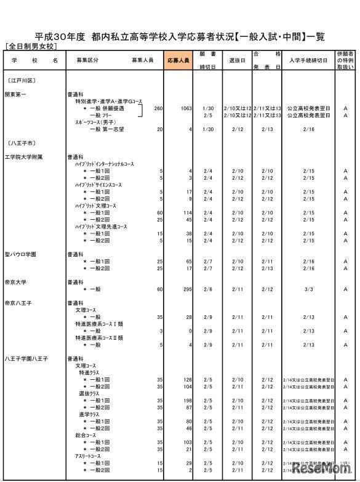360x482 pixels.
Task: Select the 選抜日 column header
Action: (x=238, y=61)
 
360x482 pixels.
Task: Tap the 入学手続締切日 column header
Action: (x=308, y=61)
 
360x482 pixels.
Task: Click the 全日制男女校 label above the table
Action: (x=30, y=47)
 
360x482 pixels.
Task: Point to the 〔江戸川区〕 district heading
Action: (x=22, y=80)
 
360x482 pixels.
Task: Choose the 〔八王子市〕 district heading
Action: (x=22, y=143)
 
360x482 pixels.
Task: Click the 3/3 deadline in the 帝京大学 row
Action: (x=308, y=289)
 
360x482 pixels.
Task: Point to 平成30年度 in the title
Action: (x=59, y=36)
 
